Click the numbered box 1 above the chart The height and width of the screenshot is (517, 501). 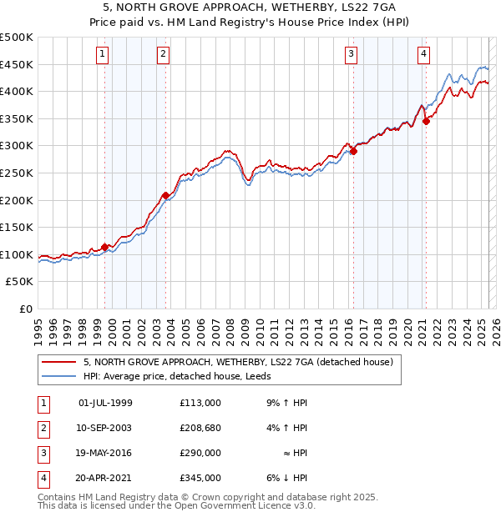[x=102, y=54]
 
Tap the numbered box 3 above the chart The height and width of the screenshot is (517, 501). [x=351, y=54]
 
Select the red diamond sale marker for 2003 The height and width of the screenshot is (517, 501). [x=165, y=195]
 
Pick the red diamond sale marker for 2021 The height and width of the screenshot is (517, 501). [x=426, y=121]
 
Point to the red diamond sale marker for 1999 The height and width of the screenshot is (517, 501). [x=104, y=247]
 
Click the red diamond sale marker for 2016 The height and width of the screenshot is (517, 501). [x=353, y=151]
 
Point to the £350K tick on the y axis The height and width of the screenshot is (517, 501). [x=18, y=118]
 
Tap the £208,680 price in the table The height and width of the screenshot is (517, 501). [x=200, y=428]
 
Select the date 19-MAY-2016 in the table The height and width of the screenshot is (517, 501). [x=105, y=453]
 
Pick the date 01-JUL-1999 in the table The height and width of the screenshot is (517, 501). [x=105, y=403]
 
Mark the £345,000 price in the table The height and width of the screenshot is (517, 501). [x=200, y=478]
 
